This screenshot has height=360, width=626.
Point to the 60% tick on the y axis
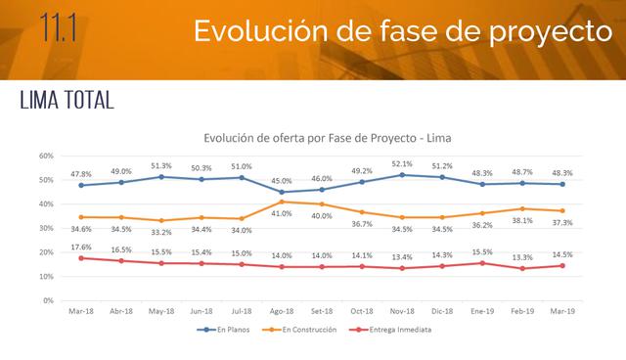point(46,156)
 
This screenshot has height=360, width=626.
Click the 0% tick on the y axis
point(48,300)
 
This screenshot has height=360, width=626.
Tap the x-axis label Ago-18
point(282,311)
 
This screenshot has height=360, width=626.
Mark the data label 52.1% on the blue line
point(402,164)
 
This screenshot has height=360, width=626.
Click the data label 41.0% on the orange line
point(282,213)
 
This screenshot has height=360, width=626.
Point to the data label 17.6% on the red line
point(80,247)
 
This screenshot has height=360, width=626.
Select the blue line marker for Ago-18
point(282,192)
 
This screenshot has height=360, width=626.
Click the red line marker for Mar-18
point(81,258)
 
